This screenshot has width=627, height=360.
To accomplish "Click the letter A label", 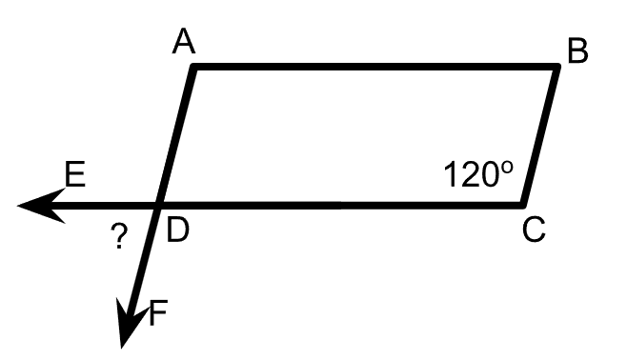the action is click(x=184, y=41).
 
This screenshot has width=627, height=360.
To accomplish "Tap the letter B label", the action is click(x=577, y=50).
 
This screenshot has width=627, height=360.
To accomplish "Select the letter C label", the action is click(x=534, y=230).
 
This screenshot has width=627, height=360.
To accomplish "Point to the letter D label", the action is click(x=177, y=230).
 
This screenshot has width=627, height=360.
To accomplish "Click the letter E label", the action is click(x=75, y=173).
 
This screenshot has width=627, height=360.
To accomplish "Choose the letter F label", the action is click(x=158, y=312).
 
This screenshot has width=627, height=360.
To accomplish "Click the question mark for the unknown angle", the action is click(x=119, y=236).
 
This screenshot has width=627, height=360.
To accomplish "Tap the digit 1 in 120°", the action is click(x=451, y=174).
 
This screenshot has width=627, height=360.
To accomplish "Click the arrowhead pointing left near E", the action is click(x=42, y=206).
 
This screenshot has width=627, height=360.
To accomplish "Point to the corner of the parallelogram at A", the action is click(x=193, y=67).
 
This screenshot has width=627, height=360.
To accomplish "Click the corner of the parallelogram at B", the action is click(x=556, y=67).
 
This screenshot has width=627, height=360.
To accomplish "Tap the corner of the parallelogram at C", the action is click(x=523, y=206).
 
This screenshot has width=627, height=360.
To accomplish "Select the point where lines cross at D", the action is click(x=159, y=206).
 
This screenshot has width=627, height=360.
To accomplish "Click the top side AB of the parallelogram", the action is click(x=375, y=67).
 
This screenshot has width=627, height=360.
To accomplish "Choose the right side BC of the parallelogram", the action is click(x=540, y=136).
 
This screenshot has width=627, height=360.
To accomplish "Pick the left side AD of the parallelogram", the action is click(x=176, y=136).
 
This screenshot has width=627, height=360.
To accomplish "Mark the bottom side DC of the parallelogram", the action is click(x=341, y=206).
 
